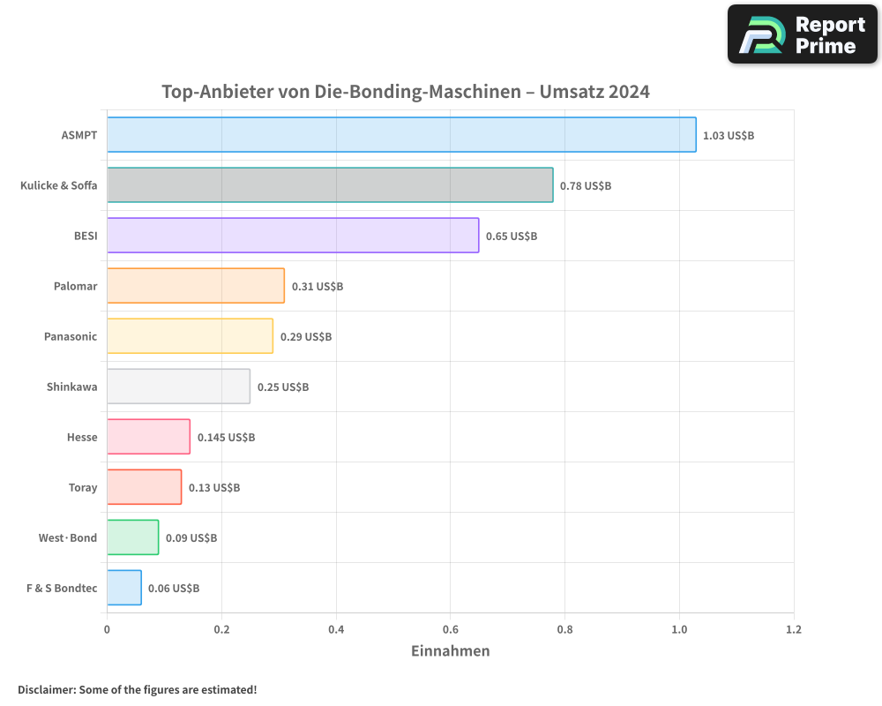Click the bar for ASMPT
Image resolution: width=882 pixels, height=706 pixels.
click(401, 135)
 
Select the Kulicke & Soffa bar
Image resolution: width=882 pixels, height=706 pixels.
click(330, 185)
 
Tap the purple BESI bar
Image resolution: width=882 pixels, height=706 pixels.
click(293, 236)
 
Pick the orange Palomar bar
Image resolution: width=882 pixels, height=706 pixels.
click(196, 286)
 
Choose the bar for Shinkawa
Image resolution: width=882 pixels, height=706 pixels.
click(178, 387)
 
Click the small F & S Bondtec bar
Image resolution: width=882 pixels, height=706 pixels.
click(124, 588)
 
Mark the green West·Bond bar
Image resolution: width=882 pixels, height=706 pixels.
click(133, 537)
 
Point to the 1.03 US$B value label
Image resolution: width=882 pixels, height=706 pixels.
click(729, 136)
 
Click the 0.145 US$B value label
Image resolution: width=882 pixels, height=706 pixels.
click(226, 438)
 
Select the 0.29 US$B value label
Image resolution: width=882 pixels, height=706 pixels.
click(306, 337)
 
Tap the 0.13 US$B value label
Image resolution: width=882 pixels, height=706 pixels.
click(214, 488)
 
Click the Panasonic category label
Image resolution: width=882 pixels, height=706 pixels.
click(71, 336)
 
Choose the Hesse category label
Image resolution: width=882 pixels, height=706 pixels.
click(82, 437)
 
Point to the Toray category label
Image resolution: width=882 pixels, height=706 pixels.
click(83, 487)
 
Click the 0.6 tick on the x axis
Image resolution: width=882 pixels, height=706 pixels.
click(450, 630)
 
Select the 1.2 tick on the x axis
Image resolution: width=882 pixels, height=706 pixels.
click(794, 630)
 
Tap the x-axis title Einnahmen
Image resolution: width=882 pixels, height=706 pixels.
click(450, 651)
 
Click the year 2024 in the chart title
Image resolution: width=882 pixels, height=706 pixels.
click(627, 92)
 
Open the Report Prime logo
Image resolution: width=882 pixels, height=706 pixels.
click(803, 34)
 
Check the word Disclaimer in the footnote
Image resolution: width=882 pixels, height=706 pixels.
click(46, 690)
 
